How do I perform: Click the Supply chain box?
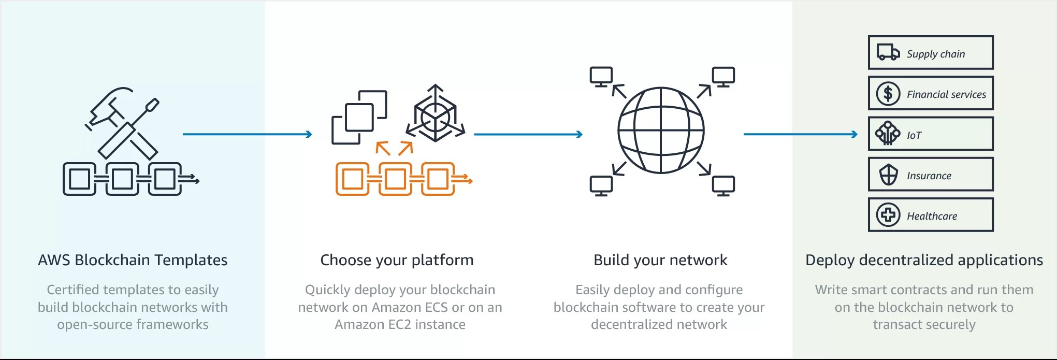[x=931, y=53]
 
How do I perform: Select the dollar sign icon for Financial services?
[x=888, y=94]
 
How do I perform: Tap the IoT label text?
[x=914, y=135]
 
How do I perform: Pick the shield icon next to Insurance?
[x=889, y=175]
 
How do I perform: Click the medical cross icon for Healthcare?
[x=888, y=215]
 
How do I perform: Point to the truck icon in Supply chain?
[x=888, y=52]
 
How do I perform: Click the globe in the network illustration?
[x=661, y=130]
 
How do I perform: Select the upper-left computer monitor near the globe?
[x=601, y=77]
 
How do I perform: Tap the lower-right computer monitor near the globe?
[x=723, y=185]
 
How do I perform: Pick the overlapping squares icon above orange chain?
[x=359, y=118]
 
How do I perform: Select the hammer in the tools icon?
[x=111, y=109]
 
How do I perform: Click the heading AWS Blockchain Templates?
[x=133, y=260]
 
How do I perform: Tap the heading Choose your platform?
[x=397, y=260]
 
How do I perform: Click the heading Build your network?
[x=660, y=260]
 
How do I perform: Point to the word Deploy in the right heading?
[x=830, y=260]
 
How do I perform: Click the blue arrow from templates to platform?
[x=247, y=134]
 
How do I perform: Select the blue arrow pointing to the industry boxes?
[x=800, y=134]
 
